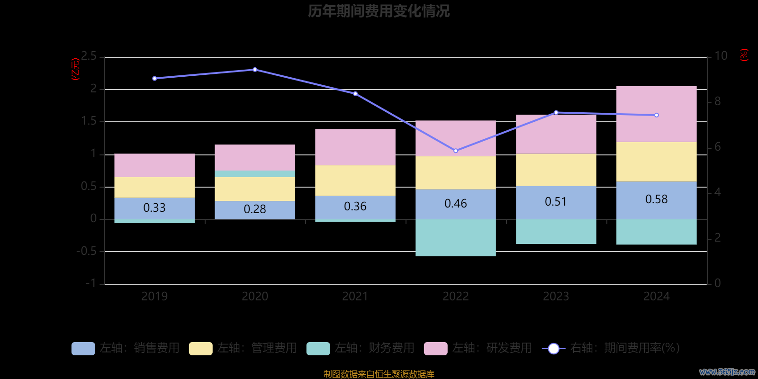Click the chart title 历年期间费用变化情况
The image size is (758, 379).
(379, 11)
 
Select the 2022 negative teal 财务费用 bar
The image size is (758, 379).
(455, 237)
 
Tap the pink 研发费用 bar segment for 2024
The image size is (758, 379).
(656, 114)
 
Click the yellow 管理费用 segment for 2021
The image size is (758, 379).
(355, 180)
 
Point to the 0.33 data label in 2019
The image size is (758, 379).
(154, 208)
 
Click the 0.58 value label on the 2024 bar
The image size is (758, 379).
(656, 199)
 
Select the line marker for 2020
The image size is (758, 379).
(255, 70)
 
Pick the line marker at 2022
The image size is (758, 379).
(456, 151)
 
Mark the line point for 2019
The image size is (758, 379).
(154, 79)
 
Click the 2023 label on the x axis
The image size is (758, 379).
(556, 297)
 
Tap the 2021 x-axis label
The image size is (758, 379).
(355, 297)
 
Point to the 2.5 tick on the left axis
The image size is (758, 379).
(89, 56)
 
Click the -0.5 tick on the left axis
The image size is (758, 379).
(86, 251)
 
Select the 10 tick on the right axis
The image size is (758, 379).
(721, 56)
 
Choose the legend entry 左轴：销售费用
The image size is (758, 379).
(126, 348)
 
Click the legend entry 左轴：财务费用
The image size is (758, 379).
(361, 348)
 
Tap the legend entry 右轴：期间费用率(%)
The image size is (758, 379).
(611, 348)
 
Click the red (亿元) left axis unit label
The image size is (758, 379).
(75, 69)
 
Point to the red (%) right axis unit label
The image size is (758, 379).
(744, 55)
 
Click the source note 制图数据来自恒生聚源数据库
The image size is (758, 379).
(379, 374)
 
